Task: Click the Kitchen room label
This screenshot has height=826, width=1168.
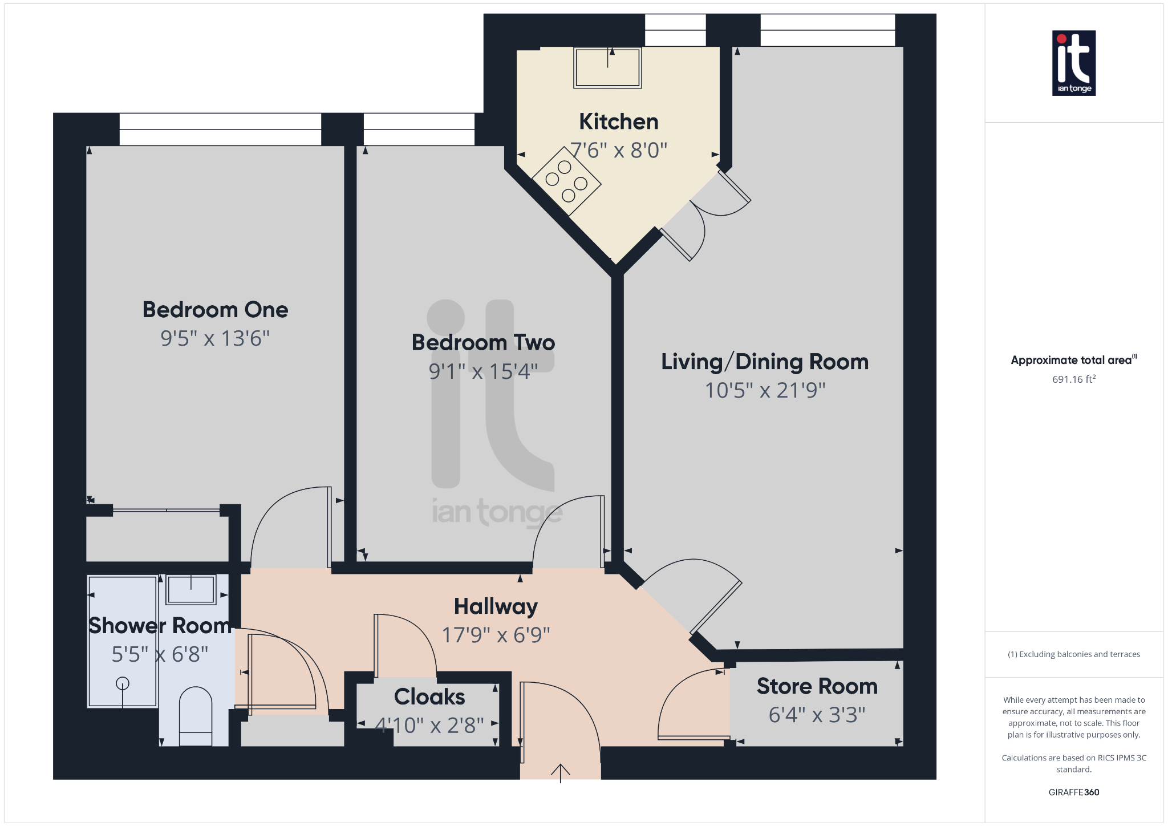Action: point(619,122)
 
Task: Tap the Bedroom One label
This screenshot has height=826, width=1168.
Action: point(215,310)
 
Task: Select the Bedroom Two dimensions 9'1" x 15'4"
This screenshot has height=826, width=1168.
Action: point(483,371)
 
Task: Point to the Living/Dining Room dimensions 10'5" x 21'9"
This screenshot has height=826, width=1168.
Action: point(765,390)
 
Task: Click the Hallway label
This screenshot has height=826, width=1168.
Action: point(496,607)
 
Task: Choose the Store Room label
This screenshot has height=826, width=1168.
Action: point(817,686)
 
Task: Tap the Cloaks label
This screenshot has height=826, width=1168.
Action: point(429,697)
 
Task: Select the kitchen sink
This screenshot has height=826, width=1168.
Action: point(607,67)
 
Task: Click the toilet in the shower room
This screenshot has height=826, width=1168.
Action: point(196,716)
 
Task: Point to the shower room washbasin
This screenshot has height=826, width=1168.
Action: point(191,589)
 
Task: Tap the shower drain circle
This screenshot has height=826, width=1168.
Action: point(123,683)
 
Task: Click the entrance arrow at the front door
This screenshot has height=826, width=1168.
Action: point(561,773)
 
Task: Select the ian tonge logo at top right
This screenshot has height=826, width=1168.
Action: point(1074,63)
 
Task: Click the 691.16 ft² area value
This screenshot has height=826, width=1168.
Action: point(1074,379)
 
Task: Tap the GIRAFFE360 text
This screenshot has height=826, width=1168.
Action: point(1074,792)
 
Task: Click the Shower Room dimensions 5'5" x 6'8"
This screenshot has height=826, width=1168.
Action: point(160,654)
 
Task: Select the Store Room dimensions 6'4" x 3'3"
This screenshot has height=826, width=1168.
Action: point(817,715)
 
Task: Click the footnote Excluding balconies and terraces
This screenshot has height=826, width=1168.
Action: point(1074,654)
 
